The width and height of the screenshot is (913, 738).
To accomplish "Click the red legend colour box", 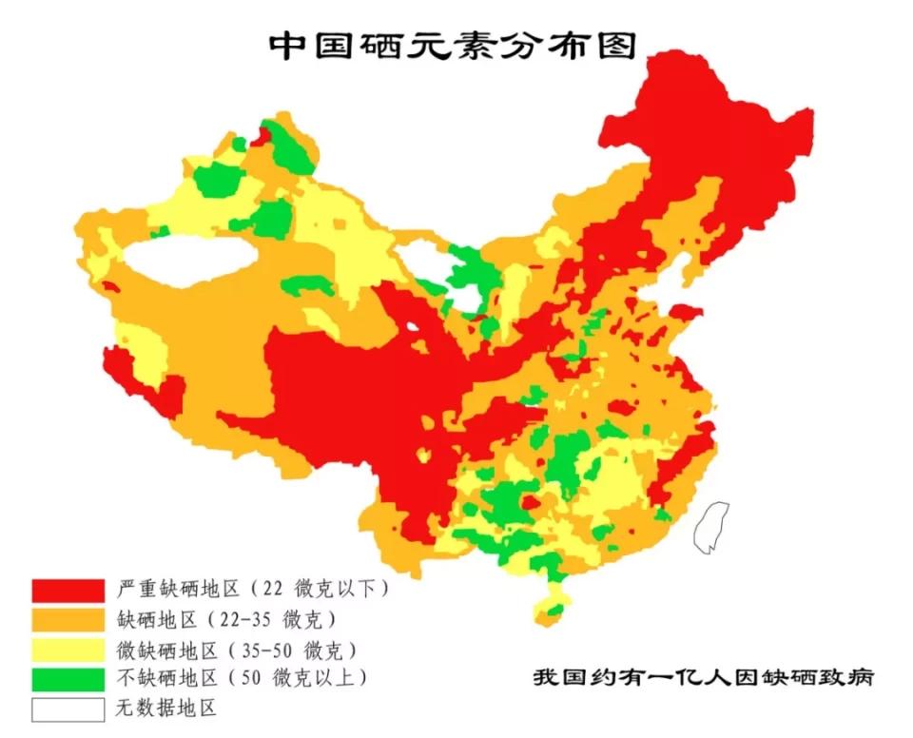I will click(x=68, y=589).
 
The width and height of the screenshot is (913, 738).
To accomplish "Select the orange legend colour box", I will click(x=68, y=619).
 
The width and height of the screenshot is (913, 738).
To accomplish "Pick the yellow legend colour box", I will click(x=68, y=650).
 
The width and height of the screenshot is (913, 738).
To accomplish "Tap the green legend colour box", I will click(x=68, y=679).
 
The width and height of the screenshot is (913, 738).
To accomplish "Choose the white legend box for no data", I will click(x=68, y=709).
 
